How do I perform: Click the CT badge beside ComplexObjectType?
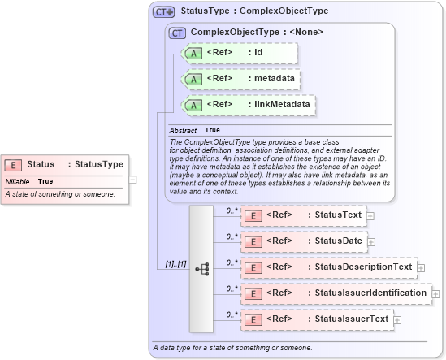pyautogui.click(x=176, y=33)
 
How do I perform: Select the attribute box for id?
pyautogui.click(x=240, y=53)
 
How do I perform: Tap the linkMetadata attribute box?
pyautogui.click(x=249, y=105)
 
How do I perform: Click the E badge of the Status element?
pyautogui.click(x=15, y=165)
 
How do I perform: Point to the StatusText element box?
pyautogui.click(x=303, y=215)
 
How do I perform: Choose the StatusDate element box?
pyautogui.click(x=303, y=241)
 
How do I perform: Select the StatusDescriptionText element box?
pyautogui.click(x=328, y=267)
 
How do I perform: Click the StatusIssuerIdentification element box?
pyautogui.click(x=336, y=293)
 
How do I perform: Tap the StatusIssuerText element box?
pyautogui.click(x=317, y=319)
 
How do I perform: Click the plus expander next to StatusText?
pyautogui.click(x=370, y=216)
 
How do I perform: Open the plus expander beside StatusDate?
pyautogui.click(x=371, y=242)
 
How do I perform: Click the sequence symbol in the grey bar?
pyautogui.click(x=201, y=267)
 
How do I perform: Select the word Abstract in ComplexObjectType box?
pyautogui.click(x=184, y=131)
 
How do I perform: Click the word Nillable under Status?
pyautogui.click(x=18, y=182)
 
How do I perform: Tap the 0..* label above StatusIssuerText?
pyautogui.click(x=232, y=313)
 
